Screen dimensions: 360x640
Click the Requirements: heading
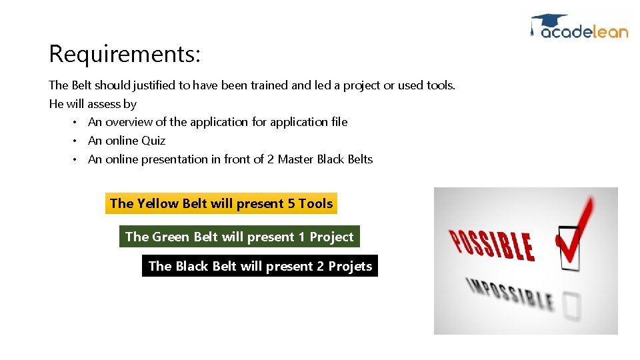coord(125,53)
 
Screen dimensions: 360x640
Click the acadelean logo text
coord(584,31)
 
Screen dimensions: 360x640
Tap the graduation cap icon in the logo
coord(548,21)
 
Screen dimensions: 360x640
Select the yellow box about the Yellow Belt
coord(221,203)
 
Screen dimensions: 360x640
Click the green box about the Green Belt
coord(239,237)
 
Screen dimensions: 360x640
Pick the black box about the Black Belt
coord(260,266)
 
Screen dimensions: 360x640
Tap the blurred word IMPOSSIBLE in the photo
coord(510,293)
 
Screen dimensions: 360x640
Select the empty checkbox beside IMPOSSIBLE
coord(571,306)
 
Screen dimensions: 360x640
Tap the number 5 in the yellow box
coord(291,203)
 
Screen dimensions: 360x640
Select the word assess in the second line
coord(103,104)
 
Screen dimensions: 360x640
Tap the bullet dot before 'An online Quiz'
coord(76,141)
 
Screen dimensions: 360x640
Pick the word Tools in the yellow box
coord(315,203)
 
